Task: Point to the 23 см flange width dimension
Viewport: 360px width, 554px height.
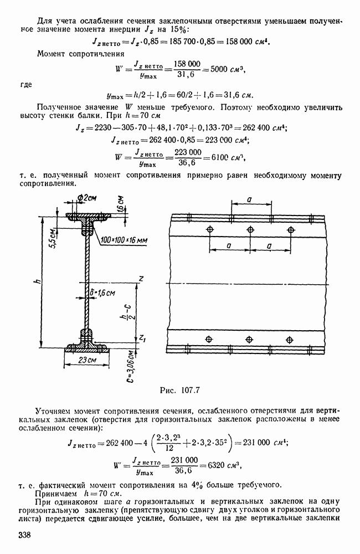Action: [88, 361]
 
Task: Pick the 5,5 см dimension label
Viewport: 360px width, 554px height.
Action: [56, 237]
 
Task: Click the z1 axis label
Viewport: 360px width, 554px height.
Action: [142, 337]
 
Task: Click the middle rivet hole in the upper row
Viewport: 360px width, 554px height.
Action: [250, 230]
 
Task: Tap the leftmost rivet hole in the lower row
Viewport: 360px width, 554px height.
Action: [208, 338]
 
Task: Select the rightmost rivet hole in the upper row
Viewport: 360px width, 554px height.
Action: [291, 230]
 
